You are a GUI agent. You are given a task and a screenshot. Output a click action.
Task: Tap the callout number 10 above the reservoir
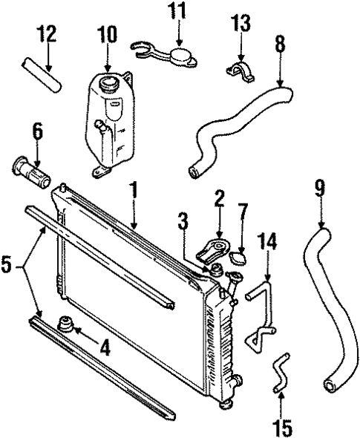(106, 34)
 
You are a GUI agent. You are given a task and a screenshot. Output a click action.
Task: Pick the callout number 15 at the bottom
(281, 428)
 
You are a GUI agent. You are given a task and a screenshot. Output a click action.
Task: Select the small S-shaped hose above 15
(280, 373)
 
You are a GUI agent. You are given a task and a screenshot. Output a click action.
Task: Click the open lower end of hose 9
(331, 385)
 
